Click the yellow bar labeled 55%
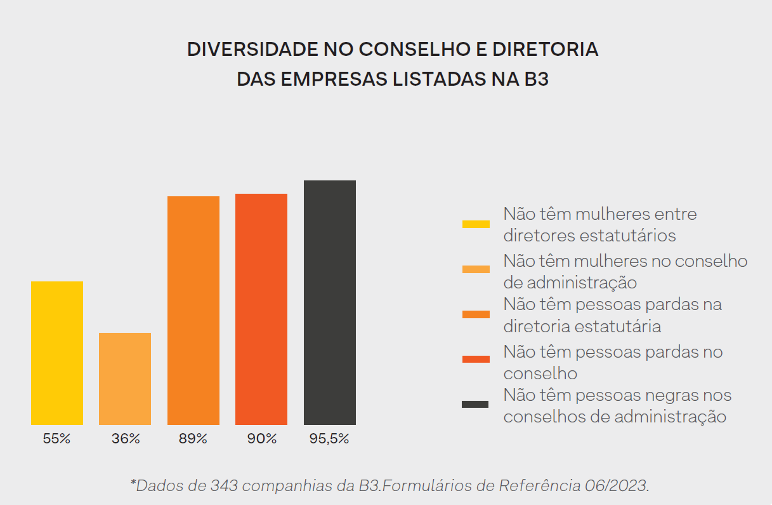click(57, 353)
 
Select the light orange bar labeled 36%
click(125, 379)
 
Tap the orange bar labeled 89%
click(193, 310)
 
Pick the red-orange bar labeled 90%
click(261, 309)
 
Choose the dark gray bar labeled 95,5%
click(330, 302)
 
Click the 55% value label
click(56, 439)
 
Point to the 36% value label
click(125, 439)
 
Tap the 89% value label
click(193, 439)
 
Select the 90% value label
click(261, 439)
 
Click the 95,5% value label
click(329, 439)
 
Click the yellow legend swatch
click(476, 224)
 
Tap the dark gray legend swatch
click(476, 404)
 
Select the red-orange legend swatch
click(476, 359)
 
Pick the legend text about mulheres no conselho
click(625, 271)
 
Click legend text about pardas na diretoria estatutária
click(613, 315)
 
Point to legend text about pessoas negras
click(617, 406)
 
